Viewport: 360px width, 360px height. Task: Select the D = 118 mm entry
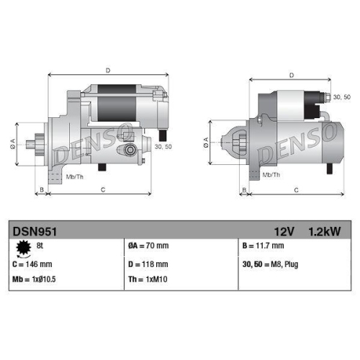(148, 264)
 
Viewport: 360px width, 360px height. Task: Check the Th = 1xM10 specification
(148, 279)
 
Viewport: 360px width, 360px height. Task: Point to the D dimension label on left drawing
(107, 70)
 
